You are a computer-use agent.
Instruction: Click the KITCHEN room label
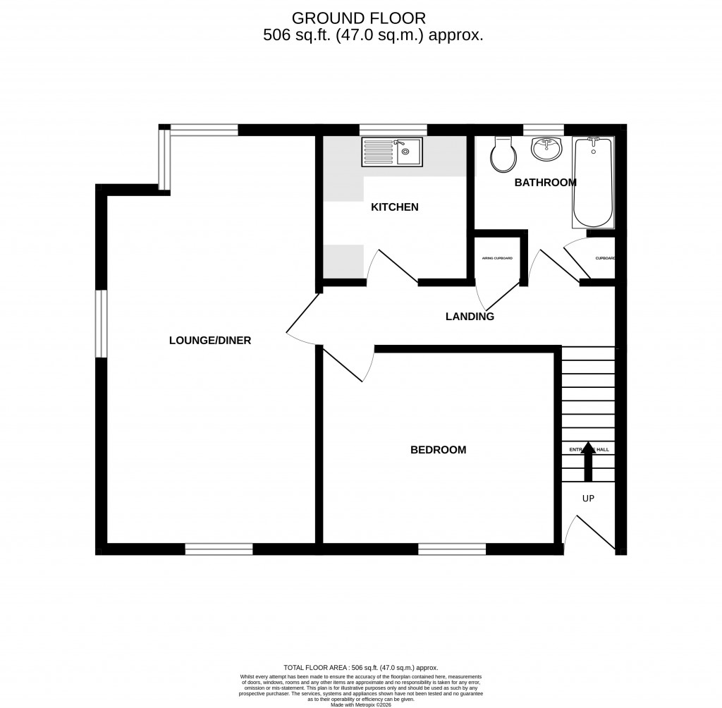pyautogui.click(x=395, y=207)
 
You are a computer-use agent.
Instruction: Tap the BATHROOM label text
pyautogui.click(x=545, y=183)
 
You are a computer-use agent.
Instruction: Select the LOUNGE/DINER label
pyautogui.click(x=210, y=341)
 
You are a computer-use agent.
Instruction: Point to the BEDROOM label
pyautogui.click(x=438, y=450)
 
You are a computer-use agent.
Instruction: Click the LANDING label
pyautogui.click(x=470, y=317)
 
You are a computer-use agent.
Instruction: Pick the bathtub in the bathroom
pyautogui.click(x=593, y=182)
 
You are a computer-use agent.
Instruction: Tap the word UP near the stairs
pyautogui.click(x=588, y=499)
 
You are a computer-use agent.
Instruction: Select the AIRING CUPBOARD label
pyautogui.click(x=497, y=259)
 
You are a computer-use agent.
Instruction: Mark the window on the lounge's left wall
pyautogui.click(x=102, y=324)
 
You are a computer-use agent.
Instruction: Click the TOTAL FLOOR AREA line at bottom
pyautogui.click(x=360, y=667)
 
